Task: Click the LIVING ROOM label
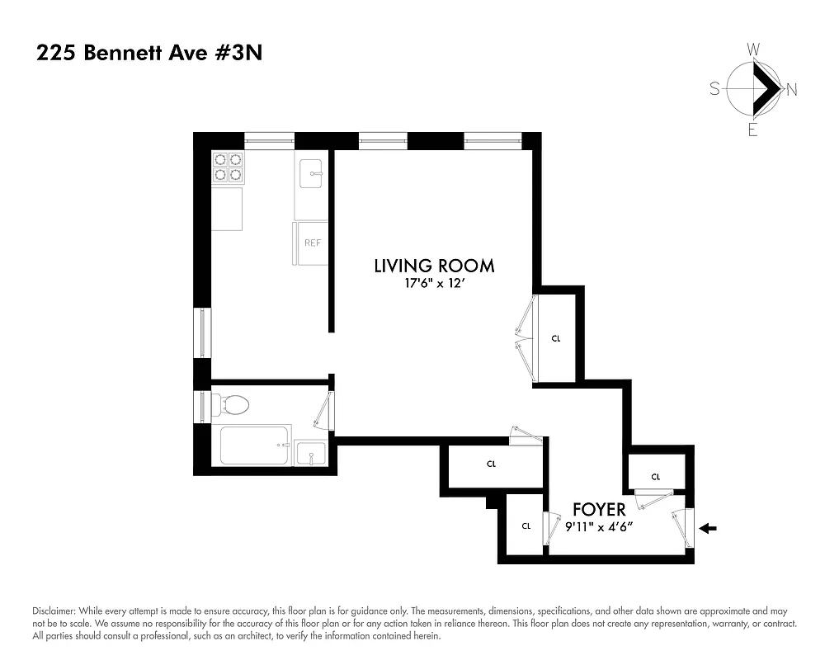tap(434, 266)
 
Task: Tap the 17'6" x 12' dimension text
tap(434, 285)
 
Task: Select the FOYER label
tap(599, 510)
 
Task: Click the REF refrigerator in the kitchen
tap(312, 243)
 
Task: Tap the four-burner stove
tap(228, 167)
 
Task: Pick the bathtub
tap(255, 445)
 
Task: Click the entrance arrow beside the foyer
tap(709, 528)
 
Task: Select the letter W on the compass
tap(753, 50)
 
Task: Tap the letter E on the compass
tap(752, 130)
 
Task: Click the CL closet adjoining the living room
tap(556, 338)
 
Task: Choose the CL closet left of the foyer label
tap(525, 526)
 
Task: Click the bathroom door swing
tap(324, 410)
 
